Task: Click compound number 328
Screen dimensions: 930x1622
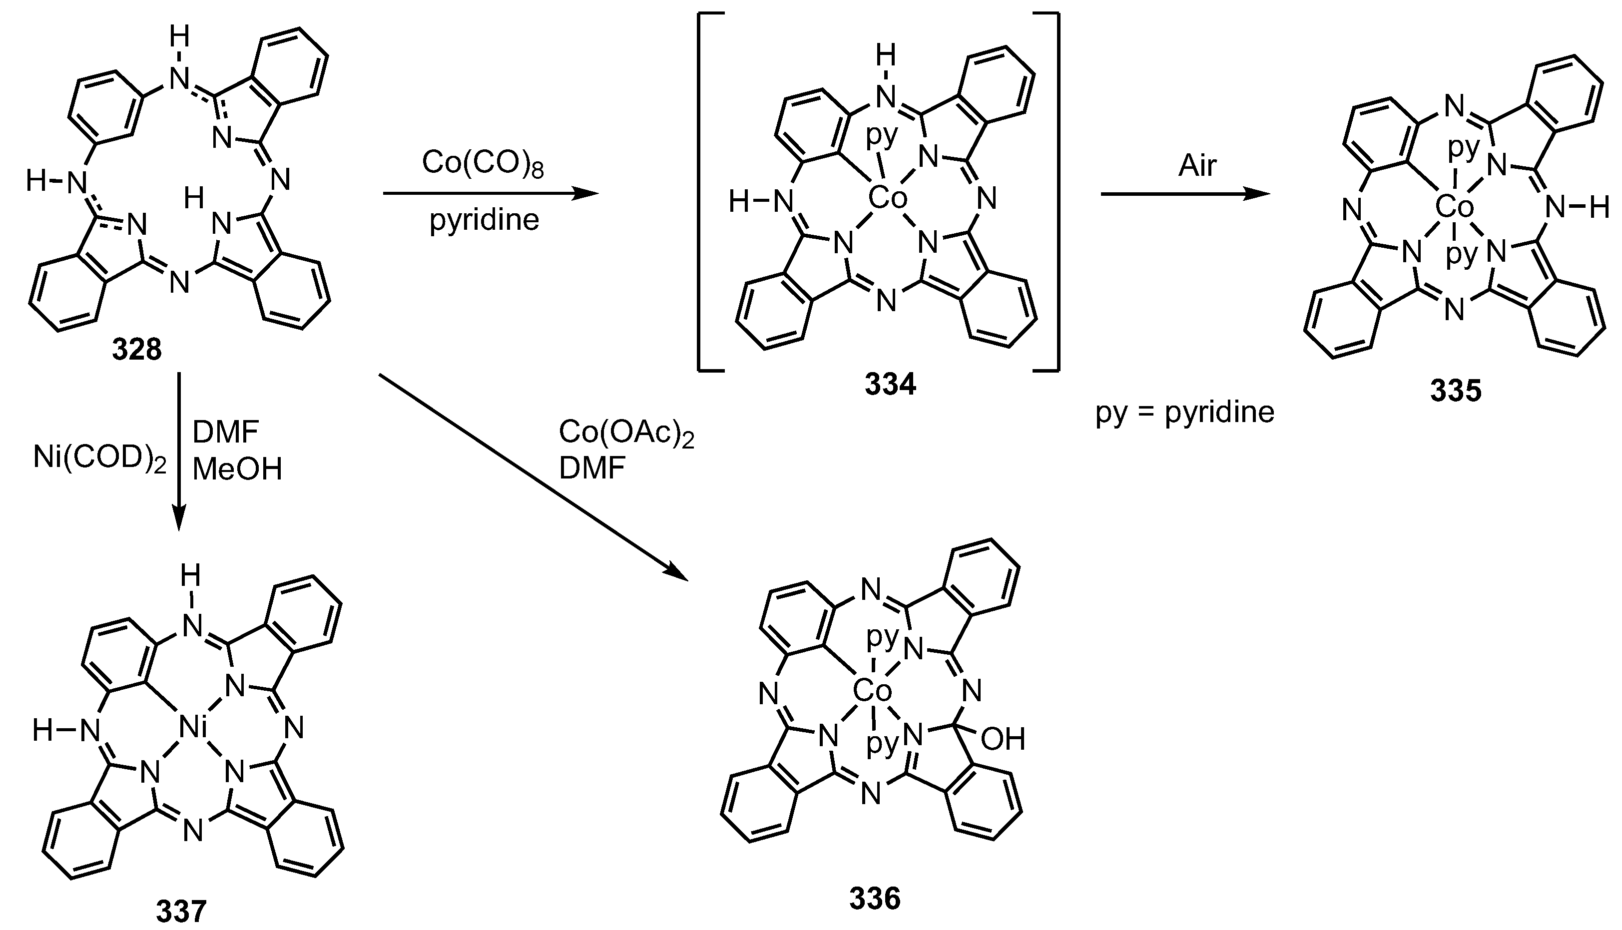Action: [137, 351]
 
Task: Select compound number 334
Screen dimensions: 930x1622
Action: [891, 385]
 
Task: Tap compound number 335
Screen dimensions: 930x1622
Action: [1455, 392]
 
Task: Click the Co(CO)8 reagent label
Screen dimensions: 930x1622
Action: [483, 164]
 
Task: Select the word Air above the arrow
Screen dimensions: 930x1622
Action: [1198, 166]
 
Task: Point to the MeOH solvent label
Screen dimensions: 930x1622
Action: [237, 470]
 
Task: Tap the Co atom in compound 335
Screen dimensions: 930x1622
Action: [1455, 207]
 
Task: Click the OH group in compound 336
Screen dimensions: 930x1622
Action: [1003, 739]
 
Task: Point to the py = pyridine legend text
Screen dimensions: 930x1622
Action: [1185, 413]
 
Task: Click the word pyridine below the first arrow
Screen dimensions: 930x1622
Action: [484, 220]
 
